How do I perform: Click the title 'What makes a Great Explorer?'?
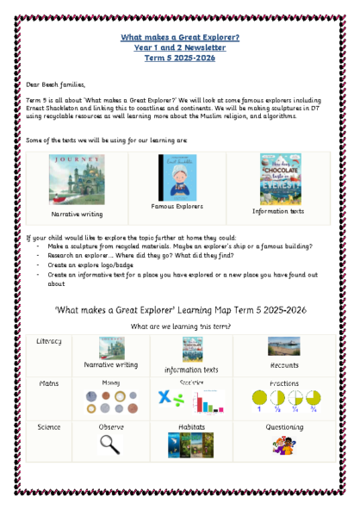coord(180,38)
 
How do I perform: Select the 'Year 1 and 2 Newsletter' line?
coord(180,47)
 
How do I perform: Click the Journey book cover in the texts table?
coord(76,180)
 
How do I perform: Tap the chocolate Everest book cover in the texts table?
coord(277,178)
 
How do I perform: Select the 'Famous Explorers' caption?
coord(177,207)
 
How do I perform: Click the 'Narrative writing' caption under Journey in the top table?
coord(77,213)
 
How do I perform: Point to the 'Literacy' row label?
coord(49,342)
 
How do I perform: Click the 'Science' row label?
coord(49,426)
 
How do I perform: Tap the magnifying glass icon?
coord(109,443)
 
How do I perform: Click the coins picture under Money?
coord(109,401)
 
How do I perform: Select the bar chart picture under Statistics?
coord(206,402)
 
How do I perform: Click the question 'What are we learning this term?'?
coord(179,327)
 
